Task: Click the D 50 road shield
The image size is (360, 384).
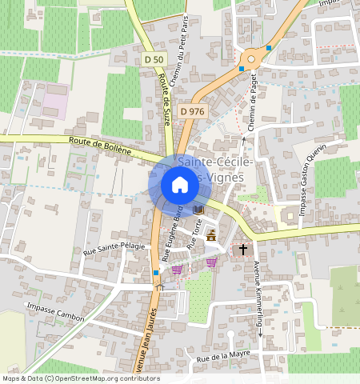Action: [x=155, y=60]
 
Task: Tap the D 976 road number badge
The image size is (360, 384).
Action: [x=194, y=111]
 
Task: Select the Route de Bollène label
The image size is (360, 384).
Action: [x=100, y=144]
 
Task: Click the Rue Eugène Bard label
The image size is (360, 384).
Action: [x=171, y=233]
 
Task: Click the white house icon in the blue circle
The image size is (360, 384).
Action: [x=180, y=186]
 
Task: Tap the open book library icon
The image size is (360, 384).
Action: [x=198, y=209]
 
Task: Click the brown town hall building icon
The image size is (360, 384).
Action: [x=212, y=235]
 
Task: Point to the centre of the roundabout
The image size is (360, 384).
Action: [x=254, y=58]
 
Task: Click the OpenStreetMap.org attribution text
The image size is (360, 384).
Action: [x=112, y=378]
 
